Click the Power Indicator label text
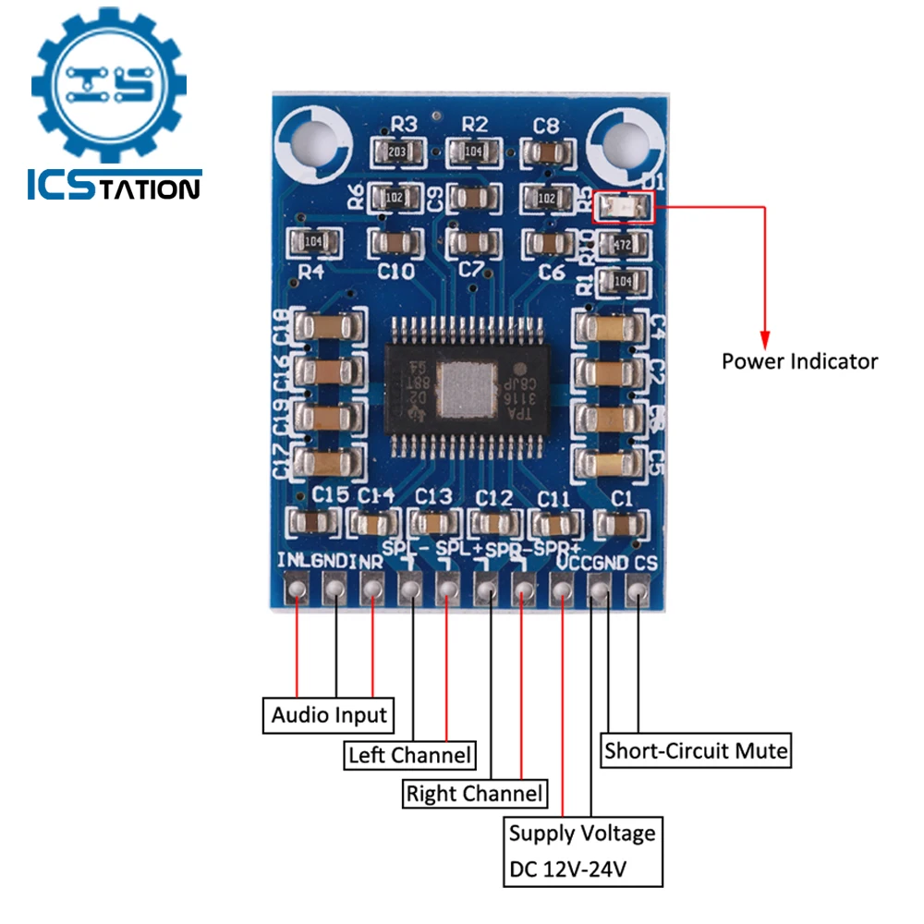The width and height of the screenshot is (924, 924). click(799, 360)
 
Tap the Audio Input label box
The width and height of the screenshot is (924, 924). click(329, 714)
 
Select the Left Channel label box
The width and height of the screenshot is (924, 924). click(409, 754)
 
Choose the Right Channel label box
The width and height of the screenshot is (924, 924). click(474, 793)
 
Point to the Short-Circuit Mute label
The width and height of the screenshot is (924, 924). click(696, 749)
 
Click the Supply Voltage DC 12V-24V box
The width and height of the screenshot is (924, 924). click(582, 852)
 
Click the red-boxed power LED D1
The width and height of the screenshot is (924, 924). click(625, 208)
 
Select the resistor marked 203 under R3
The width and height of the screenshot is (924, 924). click(397, 152)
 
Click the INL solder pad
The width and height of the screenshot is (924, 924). click(297, 588)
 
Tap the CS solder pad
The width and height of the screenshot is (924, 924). click(638, 588)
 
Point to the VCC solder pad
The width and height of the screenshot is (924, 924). click(562, 588)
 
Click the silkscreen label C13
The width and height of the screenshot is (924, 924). click(433, 496)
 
